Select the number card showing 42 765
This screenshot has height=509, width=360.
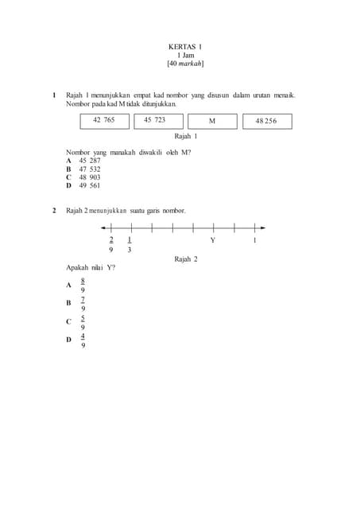click(x=104, y=120)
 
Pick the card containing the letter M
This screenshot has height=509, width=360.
click(x=212, y=121)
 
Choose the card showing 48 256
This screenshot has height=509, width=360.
click(x=266, y=121)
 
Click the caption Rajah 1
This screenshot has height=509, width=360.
click(x=185, y=137)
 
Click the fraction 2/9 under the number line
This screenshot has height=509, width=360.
click(x=111, y=244)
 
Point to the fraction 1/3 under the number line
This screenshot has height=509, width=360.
click(x=130, y=244)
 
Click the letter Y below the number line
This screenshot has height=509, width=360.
click(x=213, y=240)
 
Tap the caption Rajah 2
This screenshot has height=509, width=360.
click(x=185, y=259)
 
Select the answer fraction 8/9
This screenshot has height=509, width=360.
click(x=83, y=286)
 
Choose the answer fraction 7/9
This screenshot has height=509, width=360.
click(x=83, y=304)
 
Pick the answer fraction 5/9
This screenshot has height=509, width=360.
click(x=83, y=322)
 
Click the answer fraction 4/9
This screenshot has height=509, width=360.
click(x=83, y=340)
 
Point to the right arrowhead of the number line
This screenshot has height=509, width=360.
click(x=263, y=228)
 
